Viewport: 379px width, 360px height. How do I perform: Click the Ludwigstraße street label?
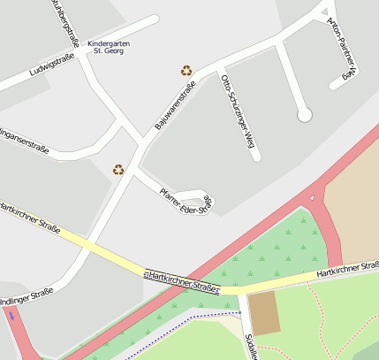point(51,65)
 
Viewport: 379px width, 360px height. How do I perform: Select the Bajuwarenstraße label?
point(175,106)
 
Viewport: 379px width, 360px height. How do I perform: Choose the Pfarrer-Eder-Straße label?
point(185,201)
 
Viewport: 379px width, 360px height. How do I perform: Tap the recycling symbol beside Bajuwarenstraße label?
point(186,71)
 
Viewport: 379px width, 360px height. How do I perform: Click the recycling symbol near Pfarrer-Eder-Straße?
point(118,169)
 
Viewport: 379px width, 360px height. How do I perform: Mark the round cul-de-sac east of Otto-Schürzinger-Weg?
point(305,114)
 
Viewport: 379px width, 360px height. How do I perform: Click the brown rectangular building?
point(264,313)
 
